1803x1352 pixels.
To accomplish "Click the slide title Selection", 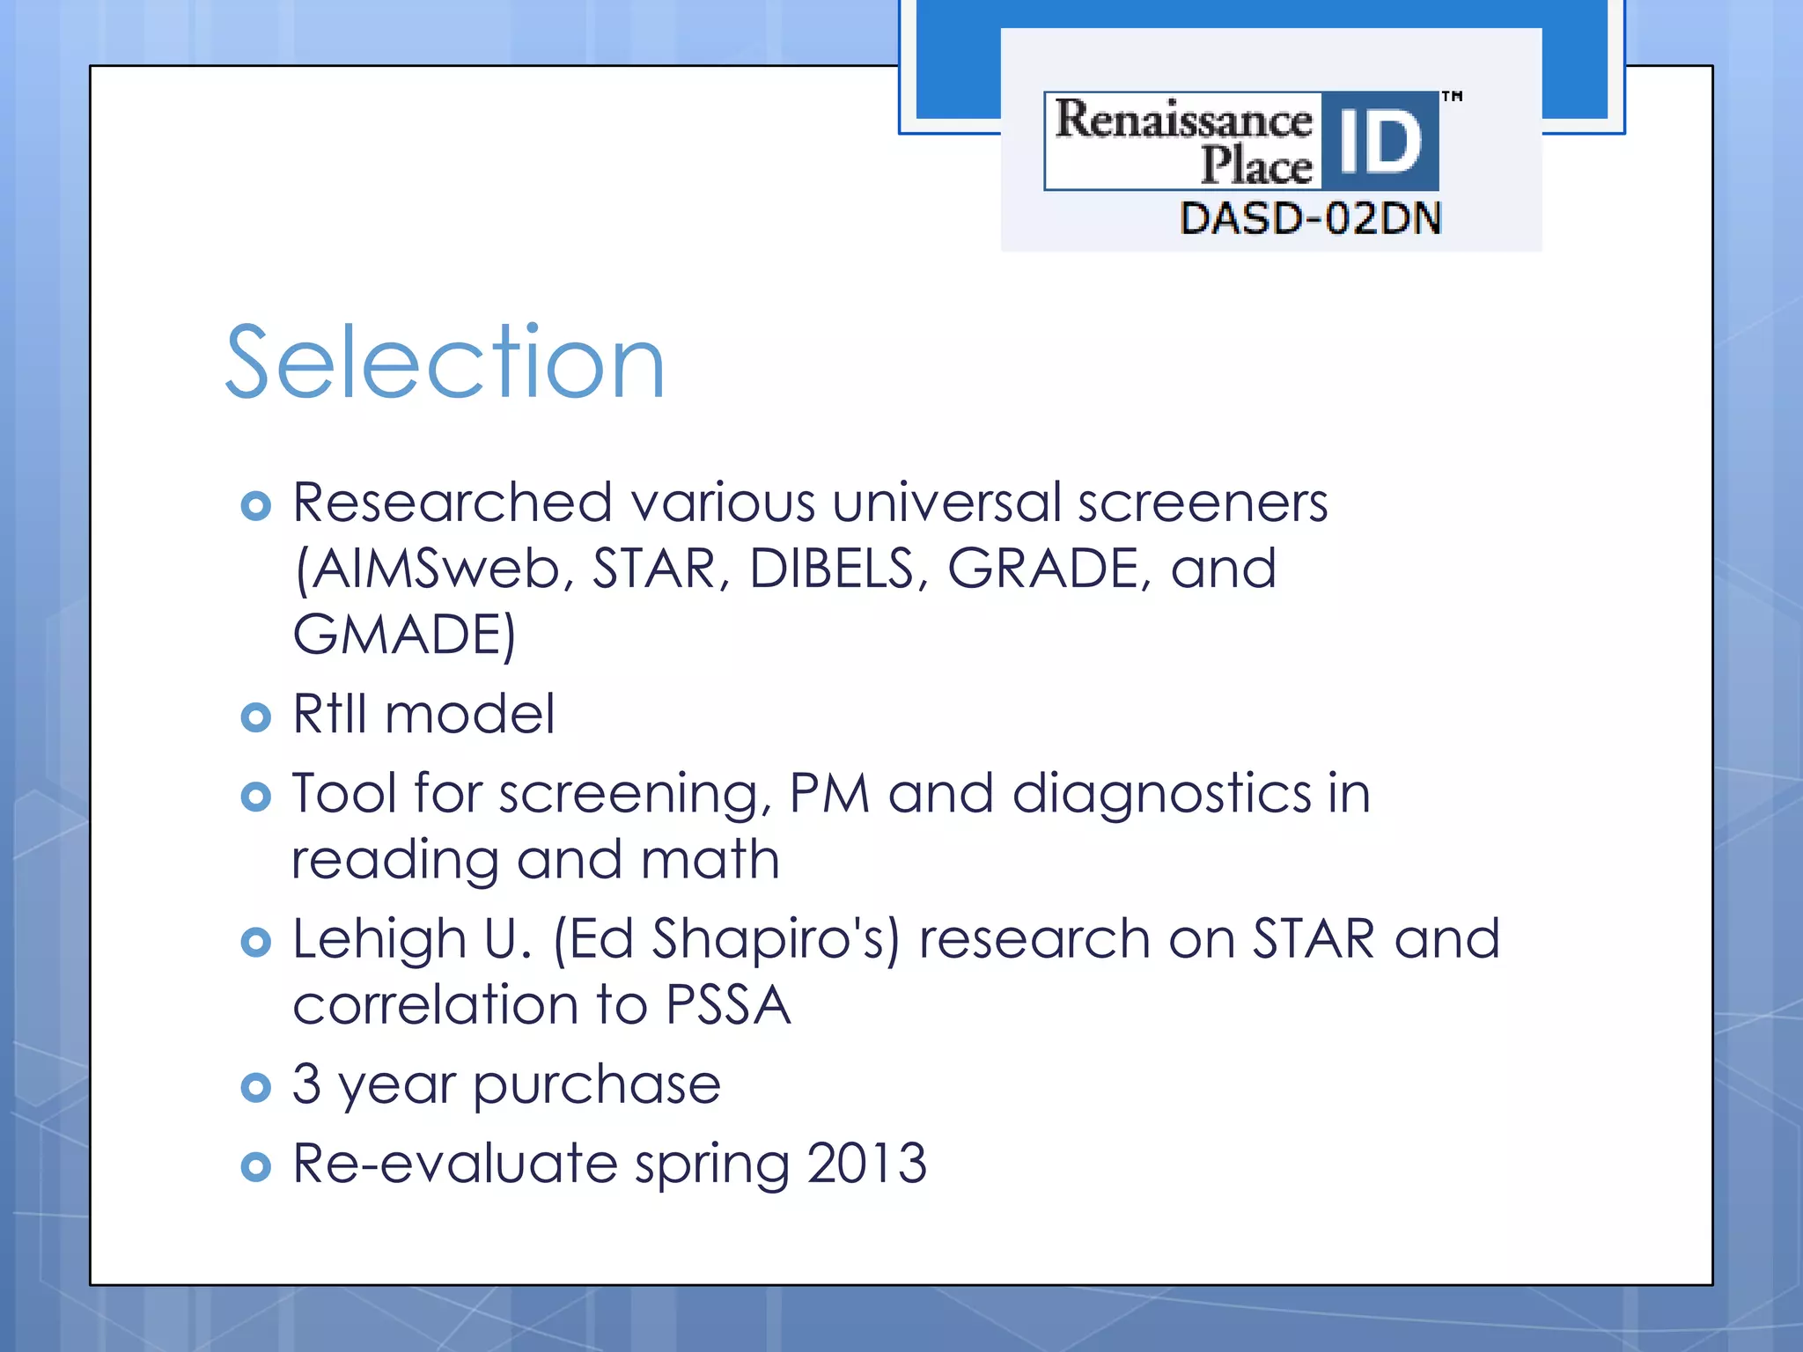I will [445, 362].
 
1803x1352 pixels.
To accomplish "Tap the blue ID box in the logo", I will [1380, 141].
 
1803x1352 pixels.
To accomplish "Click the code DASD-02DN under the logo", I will [1310, 218].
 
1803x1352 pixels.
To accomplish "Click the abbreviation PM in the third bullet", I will [829, 793].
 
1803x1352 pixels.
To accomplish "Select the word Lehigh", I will [379, 938].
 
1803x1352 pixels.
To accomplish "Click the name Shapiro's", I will [776, 938].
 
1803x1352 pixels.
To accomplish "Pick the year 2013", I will [866, 1163].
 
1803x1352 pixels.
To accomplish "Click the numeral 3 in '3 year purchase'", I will [306, 1084].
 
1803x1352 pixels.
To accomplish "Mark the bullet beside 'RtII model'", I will [255, 717].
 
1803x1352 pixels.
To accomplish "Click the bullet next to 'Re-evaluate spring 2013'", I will [255, 1167].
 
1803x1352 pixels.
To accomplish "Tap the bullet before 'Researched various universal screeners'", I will [255, 506].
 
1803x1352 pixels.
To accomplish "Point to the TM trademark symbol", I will [1452, 96].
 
